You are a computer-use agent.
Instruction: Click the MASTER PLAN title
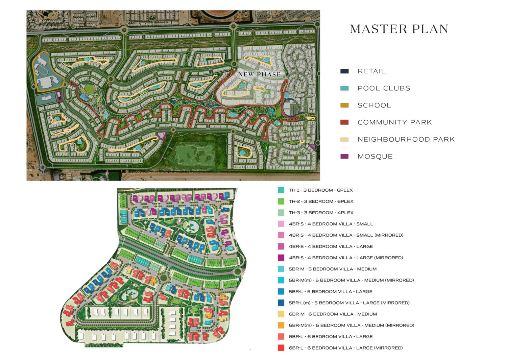click(399, 29)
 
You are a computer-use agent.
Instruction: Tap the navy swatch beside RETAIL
click(344, 71)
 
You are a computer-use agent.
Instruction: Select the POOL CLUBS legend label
click(384, 88)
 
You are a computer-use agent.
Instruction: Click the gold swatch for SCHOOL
click(344, 105)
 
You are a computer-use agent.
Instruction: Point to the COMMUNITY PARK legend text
click(394, 122)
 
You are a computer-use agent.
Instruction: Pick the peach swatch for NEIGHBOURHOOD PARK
click(344, 139)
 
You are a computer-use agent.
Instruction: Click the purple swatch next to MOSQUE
click(344, 157)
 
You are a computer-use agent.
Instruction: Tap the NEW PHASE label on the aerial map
click(259, 74)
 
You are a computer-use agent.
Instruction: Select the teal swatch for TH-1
click(281, 190)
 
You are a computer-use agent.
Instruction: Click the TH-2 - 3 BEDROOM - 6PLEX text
click(321, 201)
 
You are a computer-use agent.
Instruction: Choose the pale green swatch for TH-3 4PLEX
click(281, 213)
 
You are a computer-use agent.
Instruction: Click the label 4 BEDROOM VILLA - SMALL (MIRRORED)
click(346, 235)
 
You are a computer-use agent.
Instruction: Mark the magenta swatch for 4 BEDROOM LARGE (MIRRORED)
click(281, 258)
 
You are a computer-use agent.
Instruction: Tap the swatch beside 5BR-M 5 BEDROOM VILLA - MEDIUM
click(281, 269)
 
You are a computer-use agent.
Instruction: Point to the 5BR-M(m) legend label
click(351, 280)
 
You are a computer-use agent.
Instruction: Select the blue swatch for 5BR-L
click(281, 291)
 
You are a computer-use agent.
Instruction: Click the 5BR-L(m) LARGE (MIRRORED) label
click(349, 303)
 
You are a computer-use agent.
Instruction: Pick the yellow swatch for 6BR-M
click(281, 314)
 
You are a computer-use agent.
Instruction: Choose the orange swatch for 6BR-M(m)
click(281, 325)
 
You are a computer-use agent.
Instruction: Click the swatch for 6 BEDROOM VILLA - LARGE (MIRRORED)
click(281, 348)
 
